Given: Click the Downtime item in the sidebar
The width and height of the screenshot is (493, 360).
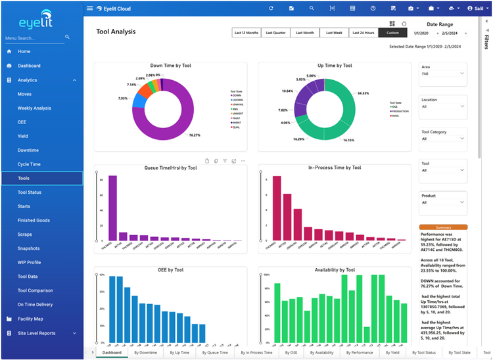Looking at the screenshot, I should [x=28, y=150].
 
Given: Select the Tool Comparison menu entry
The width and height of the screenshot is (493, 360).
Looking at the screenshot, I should [x=35, y=290].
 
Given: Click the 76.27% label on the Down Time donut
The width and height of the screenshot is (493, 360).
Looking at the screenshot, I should [x=194, y=135].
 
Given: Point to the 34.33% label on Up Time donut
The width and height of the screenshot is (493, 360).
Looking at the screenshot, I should [x=364, y=93].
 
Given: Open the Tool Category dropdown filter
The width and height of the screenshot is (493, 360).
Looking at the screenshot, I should [x=443, y=139].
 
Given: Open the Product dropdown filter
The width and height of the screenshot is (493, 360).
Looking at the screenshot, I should [x=443, y=202].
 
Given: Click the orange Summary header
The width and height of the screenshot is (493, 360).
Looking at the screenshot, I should [x=443, y=227].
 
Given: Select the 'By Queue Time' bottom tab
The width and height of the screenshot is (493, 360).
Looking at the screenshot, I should [x=214, y=353].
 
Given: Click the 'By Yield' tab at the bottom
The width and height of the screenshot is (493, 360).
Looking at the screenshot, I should [x=390, y=353].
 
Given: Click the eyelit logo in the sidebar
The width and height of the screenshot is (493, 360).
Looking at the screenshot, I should [x=41, y=19].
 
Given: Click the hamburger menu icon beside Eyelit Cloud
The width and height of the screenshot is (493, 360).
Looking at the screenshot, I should [x=90, y=8].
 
